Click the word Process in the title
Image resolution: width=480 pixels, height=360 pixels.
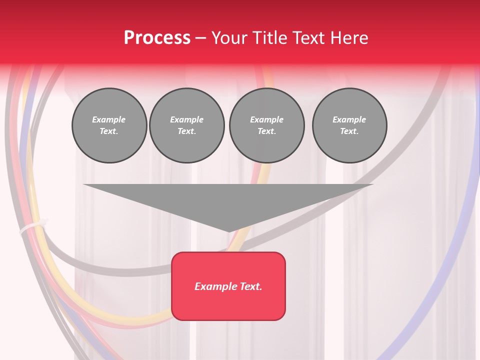[x=157, y=38]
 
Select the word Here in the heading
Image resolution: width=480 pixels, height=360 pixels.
[x=350, y=38]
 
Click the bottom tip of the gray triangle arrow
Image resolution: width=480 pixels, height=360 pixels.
[x=229, y=231]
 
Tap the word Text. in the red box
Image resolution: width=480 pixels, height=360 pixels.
[x=250, y=286]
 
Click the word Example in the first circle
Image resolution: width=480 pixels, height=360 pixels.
[x=109, y=119]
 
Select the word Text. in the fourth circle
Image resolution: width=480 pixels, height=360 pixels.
[x=349, y=131]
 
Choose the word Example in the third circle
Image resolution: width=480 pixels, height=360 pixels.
[x=266, y=119]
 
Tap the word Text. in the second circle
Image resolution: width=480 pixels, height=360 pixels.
[x=186, y=131]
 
